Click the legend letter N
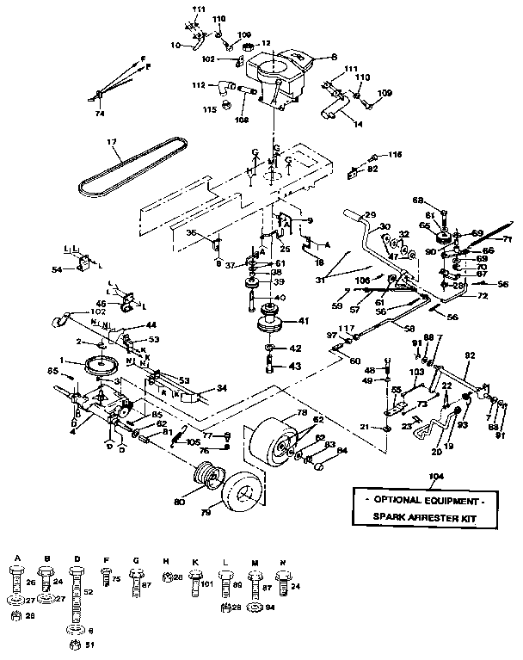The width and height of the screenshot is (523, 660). click(281, 560)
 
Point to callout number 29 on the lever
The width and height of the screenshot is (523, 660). click(372, 214)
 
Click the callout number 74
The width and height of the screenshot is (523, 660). click(100, 111)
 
